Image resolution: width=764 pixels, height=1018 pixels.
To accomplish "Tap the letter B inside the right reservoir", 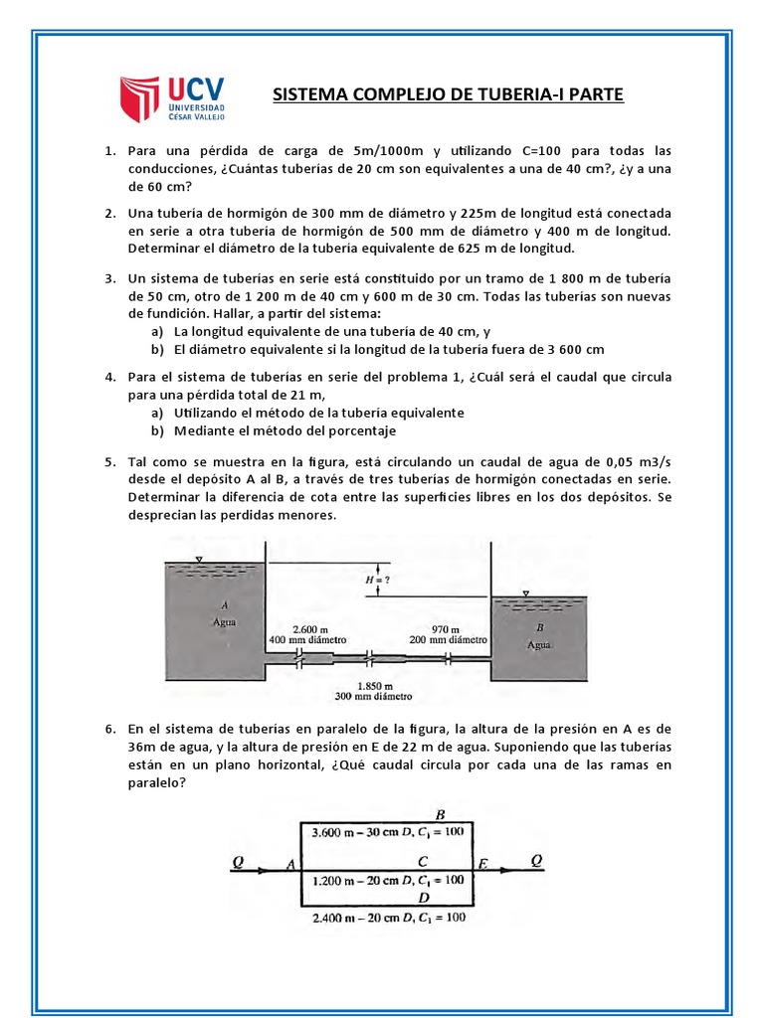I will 540,627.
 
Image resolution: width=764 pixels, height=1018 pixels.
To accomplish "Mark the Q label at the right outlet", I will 537,861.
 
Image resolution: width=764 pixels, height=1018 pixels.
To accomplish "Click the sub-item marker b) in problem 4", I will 157,430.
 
